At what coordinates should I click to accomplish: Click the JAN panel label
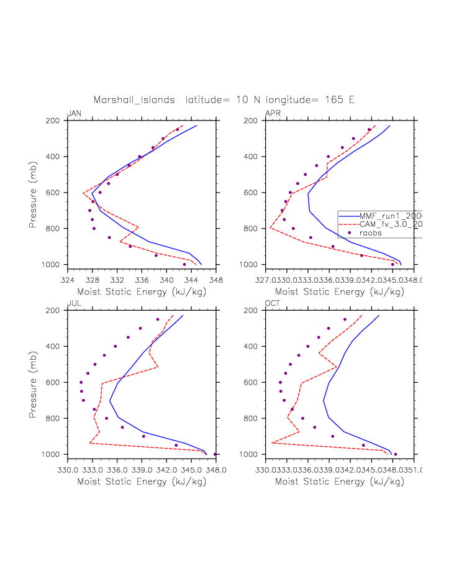pyautogui.click(x=74, y=113)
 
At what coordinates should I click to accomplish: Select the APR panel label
pyautogui.click(x=273, y=113)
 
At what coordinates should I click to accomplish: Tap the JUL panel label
pyautogui.click(x=73, y=303)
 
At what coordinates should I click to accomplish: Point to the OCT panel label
pyautogui.click(x=273, y=303)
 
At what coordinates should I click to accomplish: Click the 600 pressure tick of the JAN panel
pyautogui.click(x=55, y=193)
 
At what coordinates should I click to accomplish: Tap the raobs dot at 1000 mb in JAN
pyautogui.click(x=184, y=265)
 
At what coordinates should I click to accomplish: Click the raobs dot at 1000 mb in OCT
pyautogui.click(x=396, y=454)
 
